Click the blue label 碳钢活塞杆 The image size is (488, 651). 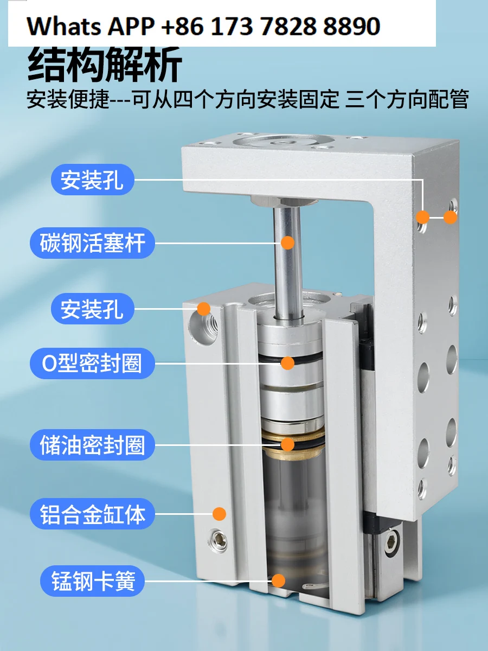pos(92,242)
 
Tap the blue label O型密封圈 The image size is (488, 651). pos(92,363)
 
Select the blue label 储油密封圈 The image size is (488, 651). pos(92,445)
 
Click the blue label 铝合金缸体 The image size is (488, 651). pos(92,514)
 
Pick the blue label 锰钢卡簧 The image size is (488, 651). pos(92,582)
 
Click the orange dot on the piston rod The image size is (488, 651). pos(288,242)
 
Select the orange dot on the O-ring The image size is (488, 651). pos(288,363)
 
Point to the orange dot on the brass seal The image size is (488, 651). pos(288,445)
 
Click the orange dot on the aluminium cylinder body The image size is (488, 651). pos(219,513)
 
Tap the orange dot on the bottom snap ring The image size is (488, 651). pos(278,581)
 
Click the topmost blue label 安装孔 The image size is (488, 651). pos(92,180)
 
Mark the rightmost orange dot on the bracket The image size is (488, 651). pos(451,218)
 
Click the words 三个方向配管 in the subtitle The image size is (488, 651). pos(407,100)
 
